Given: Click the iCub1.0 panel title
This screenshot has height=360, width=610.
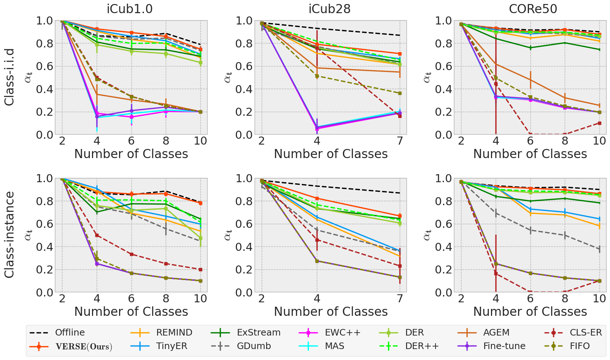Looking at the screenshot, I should click(x=130, y=9).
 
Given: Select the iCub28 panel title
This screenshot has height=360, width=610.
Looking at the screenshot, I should click(x=329, y=9).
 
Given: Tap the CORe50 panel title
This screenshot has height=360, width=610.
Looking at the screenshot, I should click(x=533, y=9).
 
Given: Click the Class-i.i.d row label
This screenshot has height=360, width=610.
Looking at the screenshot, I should click(x=9, y=77).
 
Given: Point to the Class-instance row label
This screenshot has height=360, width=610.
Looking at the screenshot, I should click(x=9, y=235).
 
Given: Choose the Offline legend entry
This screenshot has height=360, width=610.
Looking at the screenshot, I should click(x=70, y=333).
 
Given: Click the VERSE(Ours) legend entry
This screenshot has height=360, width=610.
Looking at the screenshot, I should click(x=84, y=346).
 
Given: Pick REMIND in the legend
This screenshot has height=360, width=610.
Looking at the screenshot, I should click(x=174, y=333).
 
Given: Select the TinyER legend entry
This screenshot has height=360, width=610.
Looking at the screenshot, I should click(x=172, y=346).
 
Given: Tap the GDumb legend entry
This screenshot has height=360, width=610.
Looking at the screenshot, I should click(x=254, y=346).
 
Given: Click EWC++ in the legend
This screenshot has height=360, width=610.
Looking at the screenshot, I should click(x=342, y=333).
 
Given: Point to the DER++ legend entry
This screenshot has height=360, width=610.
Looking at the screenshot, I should click(x=422, y=346).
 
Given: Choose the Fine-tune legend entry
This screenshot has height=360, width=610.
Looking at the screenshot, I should click(x=504, y=346).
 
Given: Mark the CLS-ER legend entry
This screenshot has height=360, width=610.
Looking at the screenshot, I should click(x=586, y=333).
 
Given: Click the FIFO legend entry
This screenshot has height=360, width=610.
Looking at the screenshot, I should click(x=579, y=346).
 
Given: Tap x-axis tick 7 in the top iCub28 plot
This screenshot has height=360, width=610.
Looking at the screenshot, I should click(x=400, y=141).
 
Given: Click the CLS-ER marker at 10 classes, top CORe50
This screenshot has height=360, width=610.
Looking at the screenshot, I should click(x=599, y=123).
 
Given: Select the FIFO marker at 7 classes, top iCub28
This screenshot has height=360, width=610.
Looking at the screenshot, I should click(x=400, y=93).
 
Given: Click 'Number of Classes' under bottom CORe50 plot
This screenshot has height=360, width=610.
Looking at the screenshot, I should click(x=530, y=312).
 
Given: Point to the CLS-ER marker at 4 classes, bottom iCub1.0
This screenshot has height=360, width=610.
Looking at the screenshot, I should click(x=97, y=235).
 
